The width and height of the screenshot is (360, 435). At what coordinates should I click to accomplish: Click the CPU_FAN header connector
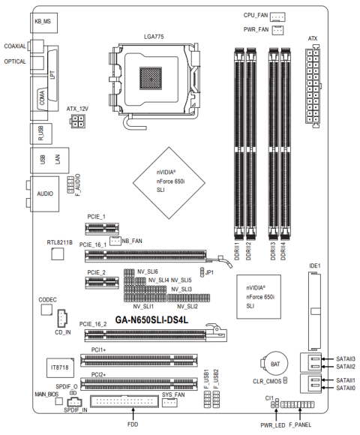[277, 17]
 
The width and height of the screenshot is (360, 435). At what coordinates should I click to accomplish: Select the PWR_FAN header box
[277, 30]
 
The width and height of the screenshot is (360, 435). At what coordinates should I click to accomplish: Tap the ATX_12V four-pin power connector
[76, 121]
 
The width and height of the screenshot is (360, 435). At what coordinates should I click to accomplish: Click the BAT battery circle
[275, 364]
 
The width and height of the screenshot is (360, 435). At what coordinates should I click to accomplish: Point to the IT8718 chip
[60, 367]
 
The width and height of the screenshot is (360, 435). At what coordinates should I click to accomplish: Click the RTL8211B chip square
[58, 253]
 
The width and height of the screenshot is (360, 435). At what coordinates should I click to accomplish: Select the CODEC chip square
[46, 310]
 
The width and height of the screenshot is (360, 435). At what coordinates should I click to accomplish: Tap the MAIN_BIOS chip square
[58, 401]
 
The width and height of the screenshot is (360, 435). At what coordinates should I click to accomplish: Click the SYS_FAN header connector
[169, 403]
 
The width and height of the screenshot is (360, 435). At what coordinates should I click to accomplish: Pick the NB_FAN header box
[115, 241]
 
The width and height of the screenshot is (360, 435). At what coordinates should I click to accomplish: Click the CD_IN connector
[62, 319]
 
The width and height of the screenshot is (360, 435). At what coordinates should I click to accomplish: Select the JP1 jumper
[202, 272]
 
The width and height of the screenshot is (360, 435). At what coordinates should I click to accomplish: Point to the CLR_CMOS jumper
[285, 381]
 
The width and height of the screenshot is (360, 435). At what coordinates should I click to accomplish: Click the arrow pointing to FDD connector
[133, 414]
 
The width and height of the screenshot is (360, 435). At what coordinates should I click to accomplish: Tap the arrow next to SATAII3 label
[327, 359]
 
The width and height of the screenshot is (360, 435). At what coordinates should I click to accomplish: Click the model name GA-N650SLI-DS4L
[151, 319]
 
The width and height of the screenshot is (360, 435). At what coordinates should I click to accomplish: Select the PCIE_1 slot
[102, 229]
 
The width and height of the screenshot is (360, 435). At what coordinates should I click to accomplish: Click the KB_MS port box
[43, 22]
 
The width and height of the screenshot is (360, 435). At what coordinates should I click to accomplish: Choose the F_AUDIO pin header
[70, 184]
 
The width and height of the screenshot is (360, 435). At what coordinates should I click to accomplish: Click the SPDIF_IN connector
[74, 402]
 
